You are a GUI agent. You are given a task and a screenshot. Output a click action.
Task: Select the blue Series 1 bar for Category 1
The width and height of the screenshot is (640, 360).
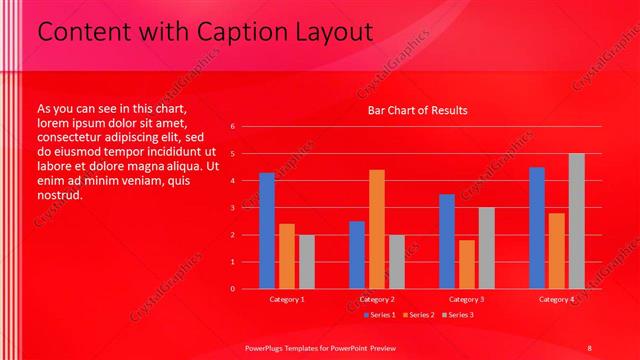(267, 231)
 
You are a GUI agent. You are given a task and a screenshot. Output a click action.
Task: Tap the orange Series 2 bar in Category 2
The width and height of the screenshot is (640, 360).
(377, 229)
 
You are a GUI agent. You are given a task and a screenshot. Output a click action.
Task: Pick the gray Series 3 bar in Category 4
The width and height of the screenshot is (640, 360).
(577, 221)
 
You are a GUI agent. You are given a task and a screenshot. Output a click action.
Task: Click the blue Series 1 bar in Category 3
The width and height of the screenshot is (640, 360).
(447, 241)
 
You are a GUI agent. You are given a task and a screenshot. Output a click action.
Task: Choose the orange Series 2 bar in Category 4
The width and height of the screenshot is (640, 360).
(557, 251)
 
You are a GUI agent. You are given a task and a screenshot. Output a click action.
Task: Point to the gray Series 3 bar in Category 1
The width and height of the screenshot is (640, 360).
(307, 262)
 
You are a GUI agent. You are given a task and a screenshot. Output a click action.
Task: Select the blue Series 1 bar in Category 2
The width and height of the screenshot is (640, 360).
(357, 255)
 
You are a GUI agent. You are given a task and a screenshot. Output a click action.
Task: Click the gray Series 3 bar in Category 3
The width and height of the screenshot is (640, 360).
(487, 248)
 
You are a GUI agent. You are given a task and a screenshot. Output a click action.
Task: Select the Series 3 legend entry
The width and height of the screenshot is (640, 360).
(456, 315)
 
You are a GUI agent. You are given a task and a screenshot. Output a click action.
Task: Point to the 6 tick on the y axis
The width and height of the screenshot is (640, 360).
(232, 127)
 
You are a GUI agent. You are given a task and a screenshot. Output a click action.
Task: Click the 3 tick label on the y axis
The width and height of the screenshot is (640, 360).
(232, 208)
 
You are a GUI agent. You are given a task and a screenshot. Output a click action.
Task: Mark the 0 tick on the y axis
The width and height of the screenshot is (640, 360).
(232, 289)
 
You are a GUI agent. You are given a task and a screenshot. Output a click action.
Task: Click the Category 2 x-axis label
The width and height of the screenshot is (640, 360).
(377, 300)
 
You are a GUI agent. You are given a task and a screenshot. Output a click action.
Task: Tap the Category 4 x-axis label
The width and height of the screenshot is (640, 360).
(557, 300)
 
